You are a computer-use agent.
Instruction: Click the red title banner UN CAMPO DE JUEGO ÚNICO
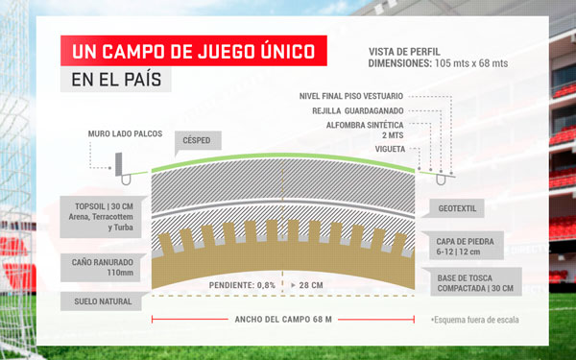[194, 51]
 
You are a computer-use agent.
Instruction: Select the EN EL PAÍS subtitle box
[116, 80]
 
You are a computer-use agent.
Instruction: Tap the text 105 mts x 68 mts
[471, 63]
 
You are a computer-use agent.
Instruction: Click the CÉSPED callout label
[198, 140]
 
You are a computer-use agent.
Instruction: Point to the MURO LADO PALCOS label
[125, 133]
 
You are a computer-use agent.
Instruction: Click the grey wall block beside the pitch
[119, 164]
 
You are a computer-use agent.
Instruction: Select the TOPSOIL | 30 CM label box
[101, 217]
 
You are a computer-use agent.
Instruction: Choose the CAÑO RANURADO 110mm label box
[101, 268]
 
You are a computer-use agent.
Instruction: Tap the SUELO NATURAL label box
[102, 301]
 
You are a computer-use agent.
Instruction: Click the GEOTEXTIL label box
[457, 208]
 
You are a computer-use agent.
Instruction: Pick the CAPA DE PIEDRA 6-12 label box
[467, 246]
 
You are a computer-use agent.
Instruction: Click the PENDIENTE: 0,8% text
[242, 285]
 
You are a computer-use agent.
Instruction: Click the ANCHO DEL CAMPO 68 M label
[283, 320]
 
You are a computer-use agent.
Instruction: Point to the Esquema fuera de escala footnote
[475, 320]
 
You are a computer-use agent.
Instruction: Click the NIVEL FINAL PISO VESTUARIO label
[351, 96]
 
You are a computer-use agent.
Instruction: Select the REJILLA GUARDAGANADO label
[358, 111]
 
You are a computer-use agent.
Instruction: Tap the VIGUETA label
[390, 149]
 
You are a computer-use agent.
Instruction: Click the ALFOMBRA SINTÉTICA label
[365, 130]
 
